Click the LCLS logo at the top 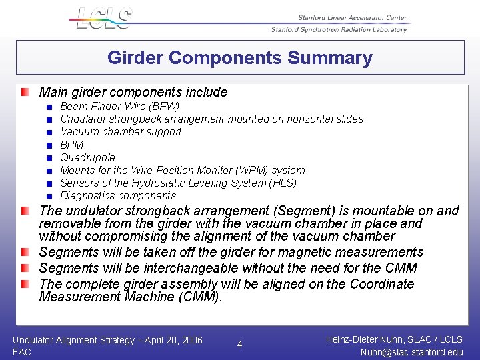(104, 18)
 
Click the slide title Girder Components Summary (240, 58)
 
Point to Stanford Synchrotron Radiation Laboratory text (339, 29)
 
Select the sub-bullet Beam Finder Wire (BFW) (119, 106)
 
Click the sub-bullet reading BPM (72, 145)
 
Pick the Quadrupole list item (87, 157)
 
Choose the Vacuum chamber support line (121, 132)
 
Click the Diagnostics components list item (118, 195)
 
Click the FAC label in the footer (22, 352)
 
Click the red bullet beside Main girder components (25, 92)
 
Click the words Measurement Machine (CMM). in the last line (130, 297)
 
